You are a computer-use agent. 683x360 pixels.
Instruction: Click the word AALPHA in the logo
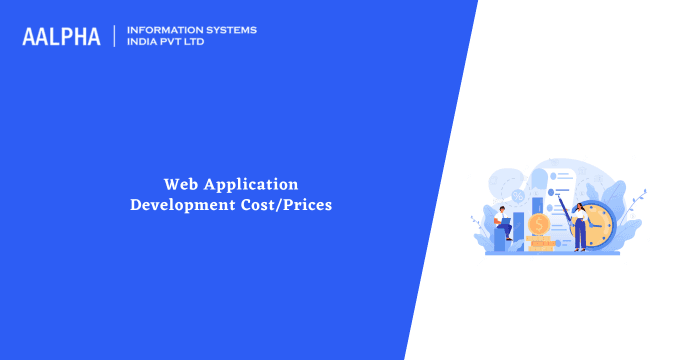(x=61, y=36)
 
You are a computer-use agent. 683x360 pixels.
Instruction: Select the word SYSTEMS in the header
(x=232, y=30)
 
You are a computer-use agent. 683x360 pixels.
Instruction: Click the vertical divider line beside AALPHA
(x=114, y=36)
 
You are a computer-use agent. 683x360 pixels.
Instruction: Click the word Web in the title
(x=181, y=184)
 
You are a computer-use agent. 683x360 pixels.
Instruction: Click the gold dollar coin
(x=540, y=224)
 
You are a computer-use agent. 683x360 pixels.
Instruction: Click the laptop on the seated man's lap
(x=507, y=220)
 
